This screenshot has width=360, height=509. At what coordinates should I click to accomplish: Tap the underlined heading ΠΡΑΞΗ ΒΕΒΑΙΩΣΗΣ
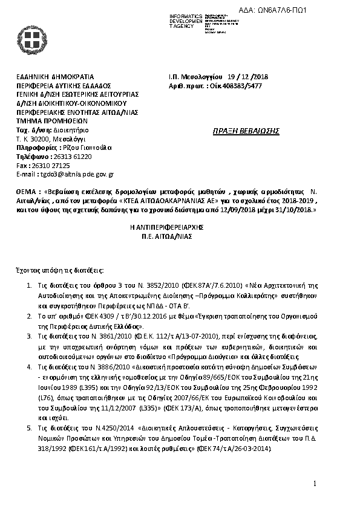pyautogui.click(x=241, y=130)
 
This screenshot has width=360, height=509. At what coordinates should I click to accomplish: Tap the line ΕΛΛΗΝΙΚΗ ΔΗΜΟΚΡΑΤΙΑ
pyautogui.click(x=55, y=77)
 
